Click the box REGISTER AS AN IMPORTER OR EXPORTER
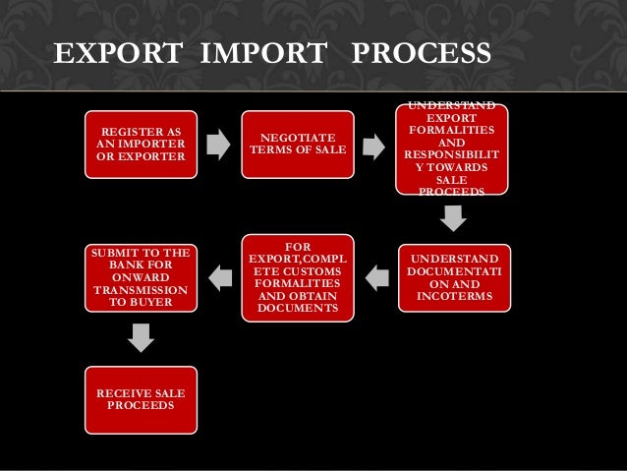point(141,145)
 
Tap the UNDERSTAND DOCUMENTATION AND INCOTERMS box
point(454,278)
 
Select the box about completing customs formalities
point(296,278)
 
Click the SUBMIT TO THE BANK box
point(141,278)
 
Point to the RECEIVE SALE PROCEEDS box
point(141,399)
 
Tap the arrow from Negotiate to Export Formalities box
point(373,147)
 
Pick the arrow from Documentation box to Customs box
point(376,278)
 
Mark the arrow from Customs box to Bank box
point(221,278)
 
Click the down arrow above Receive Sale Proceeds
point(142,337)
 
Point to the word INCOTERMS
point(454,296)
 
